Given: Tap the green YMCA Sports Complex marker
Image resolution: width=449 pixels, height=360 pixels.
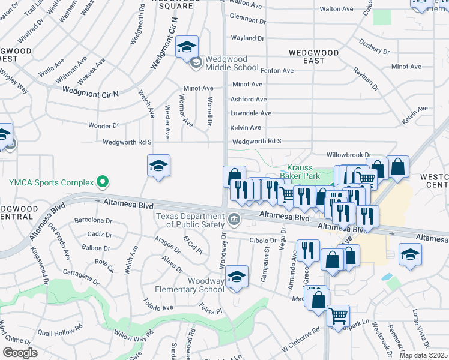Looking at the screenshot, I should point(103,181).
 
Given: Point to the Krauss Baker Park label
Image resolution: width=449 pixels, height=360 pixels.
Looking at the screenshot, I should point(303,172).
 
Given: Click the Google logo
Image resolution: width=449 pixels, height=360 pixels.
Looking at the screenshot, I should point(19,353).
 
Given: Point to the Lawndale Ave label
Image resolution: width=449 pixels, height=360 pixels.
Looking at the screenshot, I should point(251,113).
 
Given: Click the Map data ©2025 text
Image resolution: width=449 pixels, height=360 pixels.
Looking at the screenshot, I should point(423,355).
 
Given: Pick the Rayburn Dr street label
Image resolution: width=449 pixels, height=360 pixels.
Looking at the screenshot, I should point(368,80).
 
